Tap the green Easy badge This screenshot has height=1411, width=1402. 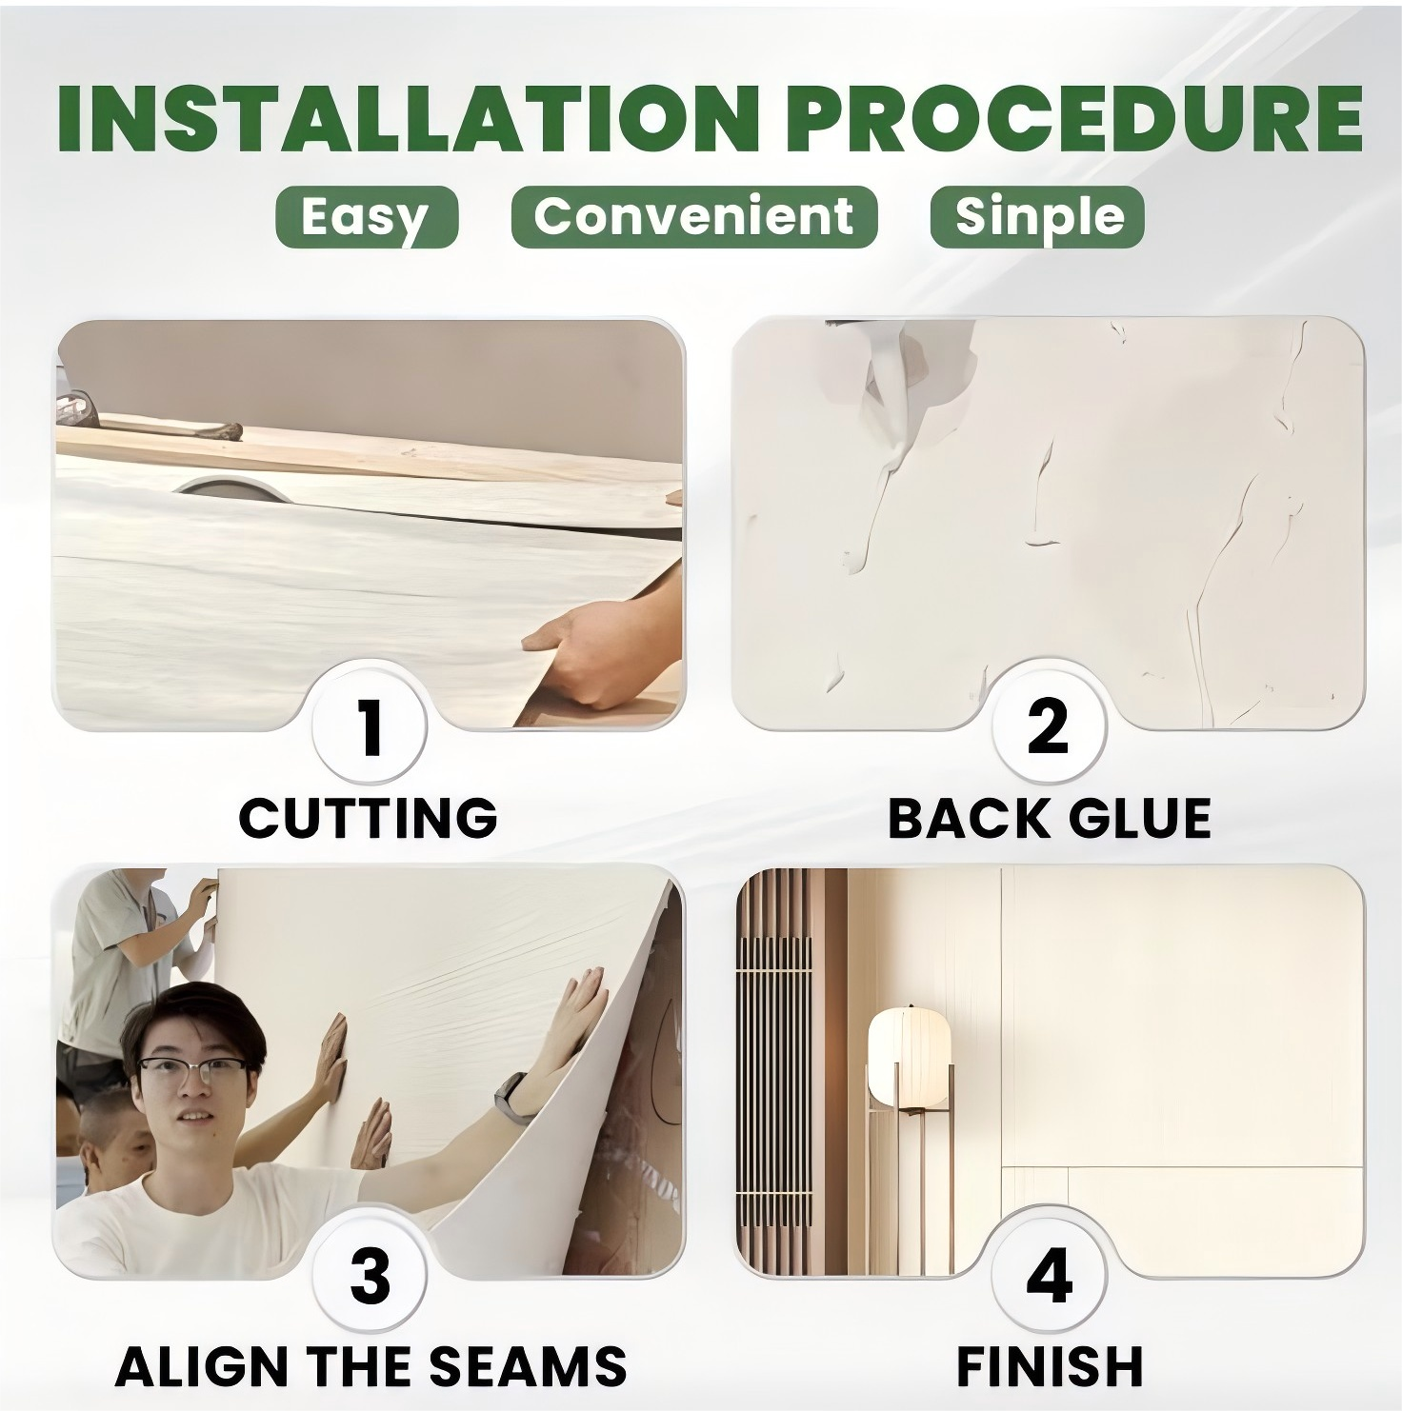pos(367,217)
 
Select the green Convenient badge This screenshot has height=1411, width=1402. pos(693,216)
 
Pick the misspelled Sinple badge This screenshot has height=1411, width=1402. pos(1037,216)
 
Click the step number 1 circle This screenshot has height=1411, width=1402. pos(371,725)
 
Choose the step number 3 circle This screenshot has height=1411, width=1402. pos(371,1276)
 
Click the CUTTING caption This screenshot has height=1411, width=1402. pos(368,817)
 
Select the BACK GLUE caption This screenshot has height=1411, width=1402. pos(1049,817)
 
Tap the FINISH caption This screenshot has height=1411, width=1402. pos(1049,1366)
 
